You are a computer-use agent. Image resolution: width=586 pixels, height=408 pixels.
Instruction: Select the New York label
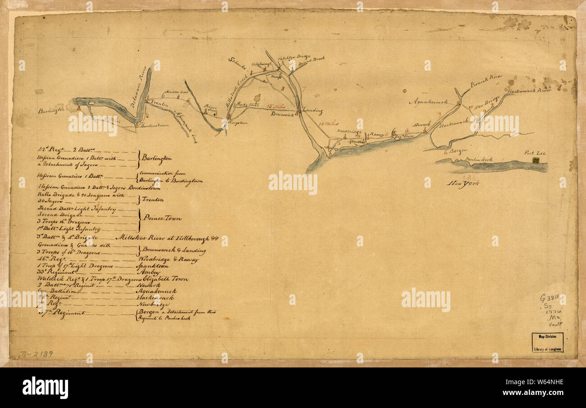coord(463,183)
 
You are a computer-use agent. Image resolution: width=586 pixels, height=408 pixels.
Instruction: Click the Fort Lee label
coord(535,153)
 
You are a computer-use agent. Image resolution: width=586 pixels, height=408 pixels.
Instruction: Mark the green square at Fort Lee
coord(536,160)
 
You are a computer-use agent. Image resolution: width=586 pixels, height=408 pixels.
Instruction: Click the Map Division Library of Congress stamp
coord(547,343)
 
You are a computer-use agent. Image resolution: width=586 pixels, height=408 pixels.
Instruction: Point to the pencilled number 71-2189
coord(37,354)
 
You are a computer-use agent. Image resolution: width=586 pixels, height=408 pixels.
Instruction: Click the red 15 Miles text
coord(276,106)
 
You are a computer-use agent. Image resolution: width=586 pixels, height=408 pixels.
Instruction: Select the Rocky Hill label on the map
coord(248,105)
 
